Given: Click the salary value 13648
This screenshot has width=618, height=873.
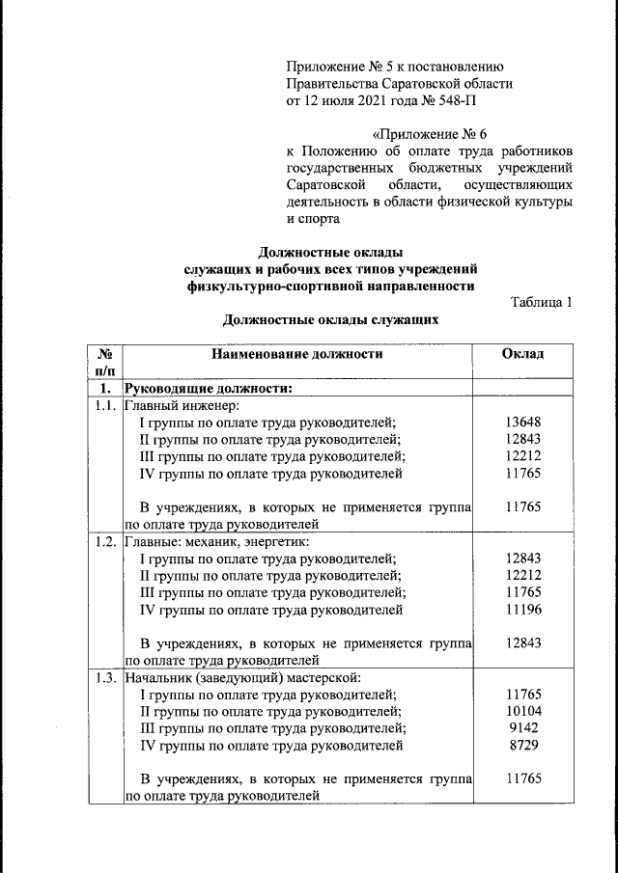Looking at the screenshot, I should click(x=523, y=423).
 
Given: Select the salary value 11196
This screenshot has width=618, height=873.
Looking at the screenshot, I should click(x=523, y=610).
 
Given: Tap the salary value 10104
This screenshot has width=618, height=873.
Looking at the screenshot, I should click(x=523, y=711).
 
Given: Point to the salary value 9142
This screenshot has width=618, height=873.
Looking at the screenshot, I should click(x=523, y=728).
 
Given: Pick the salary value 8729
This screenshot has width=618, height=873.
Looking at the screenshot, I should click(x=523, y=746).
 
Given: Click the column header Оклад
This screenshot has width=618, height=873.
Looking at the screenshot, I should click(x=523, y=354).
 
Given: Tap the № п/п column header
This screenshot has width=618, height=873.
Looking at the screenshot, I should click(x=105, y=362).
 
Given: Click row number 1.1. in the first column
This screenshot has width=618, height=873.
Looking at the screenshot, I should click(x=105, y=406).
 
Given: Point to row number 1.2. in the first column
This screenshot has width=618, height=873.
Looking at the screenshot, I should click(x=105, y=541).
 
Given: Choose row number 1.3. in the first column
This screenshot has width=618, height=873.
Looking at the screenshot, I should click(x=105, y=677).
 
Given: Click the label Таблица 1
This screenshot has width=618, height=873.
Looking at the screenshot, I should click(x=541, y=302).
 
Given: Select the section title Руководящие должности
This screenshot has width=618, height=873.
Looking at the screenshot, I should click(x=209, y=389).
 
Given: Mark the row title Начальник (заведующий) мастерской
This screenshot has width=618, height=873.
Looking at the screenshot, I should click(x=242, y=677).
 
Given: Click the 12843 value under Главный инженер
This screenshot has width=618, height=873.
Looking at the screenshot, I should click(x=523, y=440).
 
